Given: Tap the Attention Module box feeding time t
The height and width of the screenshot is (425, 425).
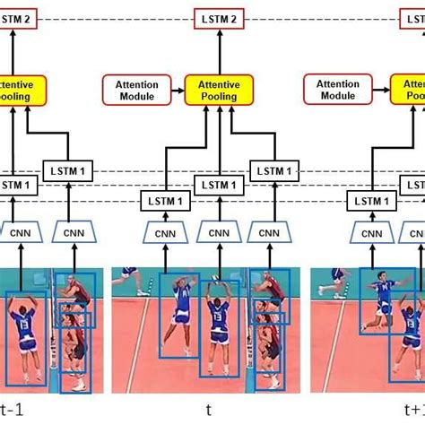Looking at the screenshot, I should coord(137,91).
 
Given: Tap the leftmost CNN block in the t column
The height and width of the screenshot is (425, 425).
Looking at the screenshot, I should coord(166,233).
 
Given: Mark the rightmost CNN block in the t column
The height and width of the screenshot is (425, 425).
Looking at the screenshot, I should coord(270,233).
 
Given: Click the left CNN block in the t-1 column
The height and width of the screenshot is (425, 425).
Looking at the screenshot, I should coord(20,233).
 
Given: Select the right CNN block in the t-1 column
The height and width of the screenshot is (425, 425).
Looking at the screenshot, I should coord(71,233).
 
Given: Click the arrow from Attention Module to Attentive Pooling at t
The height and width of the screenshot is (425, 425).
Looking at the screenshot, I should coord(176,91).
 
